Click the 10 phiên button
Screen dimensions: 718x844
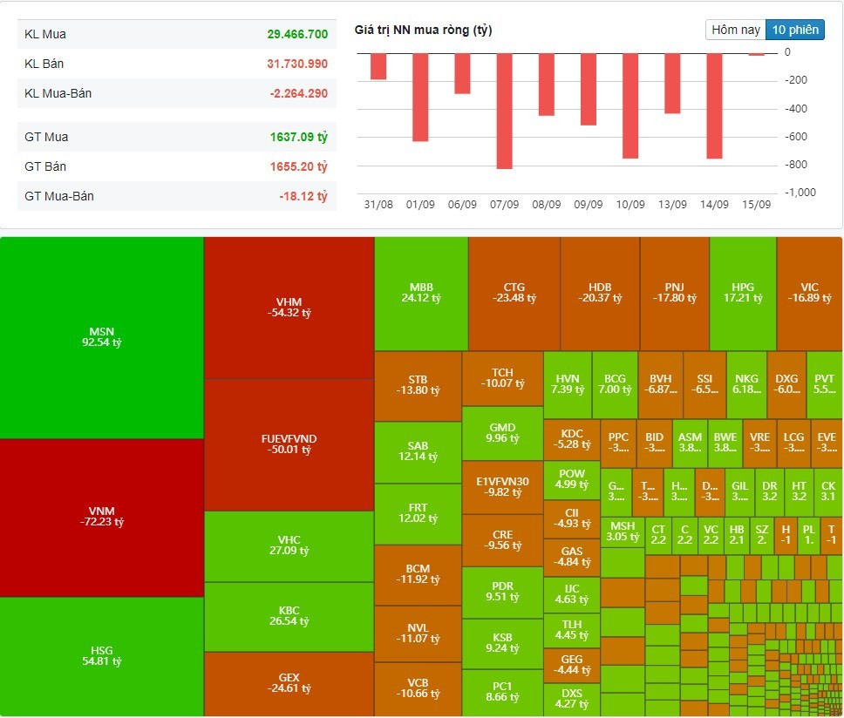tap(794, 30)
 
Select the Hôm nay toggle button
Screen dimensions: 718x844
tap(736, 30)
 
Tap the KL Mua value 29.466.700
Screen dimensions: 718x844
tap(297, 34)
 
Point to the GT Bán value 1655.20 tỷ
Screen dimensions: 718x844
tap(297, 166)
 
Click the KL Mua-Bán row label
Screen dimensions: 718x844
tap(58, 93)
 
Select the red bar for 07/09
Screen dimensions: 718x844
tap(504, 111)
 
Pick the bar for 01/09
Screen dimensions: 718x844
tap(420, 97)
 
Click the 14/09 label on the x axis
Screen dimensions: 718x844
tap(714, 204)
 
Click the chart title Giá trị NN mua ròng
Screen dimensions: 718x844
tap(424, 30)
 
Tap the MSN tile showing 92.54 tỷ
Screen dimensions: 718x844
tap(102, 337)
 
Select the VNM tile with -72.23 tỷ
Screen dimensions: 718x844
tap(102, 517)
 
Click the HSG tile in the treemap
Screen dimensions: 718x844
tap(102, 656)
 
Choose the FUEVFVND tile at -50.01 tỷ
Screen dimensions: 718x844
tap(289, 444)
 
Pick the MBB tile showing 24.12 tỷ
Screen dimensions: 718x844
tap(421, 292)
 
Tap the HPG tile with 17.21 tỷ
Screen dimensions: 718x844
tap(742, 292)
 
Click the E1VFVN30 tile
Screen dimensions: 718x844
tap(502, 486)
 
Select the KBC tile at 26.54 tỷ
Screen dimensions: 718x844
tap(289, 615)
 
